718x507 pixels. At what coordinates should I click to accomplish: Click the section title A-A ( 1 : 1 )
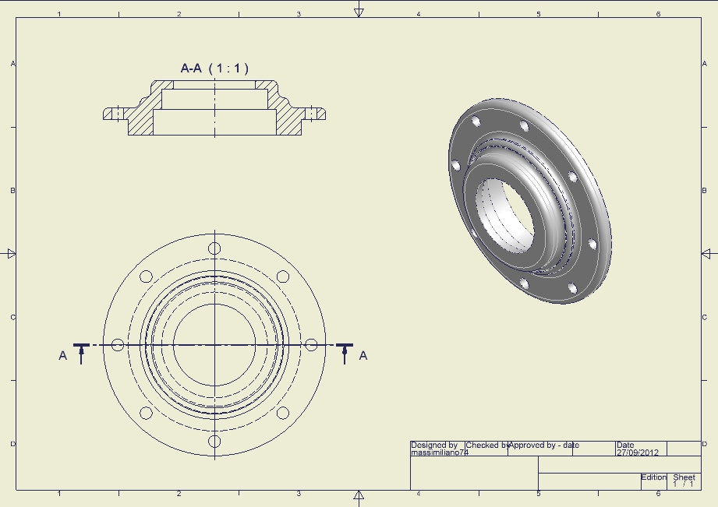pos(214,69)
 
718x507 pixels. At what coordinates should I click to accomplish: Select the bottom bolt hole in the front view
pos(214,442)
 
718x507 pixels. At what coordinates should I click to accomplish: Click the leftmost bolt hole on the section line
pos(118,345)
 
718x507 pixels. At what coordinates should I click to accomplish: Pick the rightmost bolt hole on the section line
pos(311,345)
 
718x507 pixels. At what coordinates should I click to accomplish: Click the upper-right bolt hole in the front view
pos(283,276)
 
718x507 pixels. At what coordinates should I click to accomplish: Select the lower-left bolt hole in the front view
pos(146,414)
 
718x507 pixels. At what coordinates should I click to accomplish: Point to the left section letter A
pos(63,356)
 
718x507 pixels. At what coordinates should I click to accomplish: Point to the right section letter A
pos(363,356)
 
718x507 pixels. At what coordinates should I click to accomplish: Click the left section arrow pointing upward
pos(82,354)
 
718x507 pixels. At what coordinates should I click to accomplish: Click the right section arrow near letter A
pos(345,354)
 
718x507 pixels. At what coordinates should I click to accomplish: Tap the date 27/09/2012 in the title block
pos(638,452)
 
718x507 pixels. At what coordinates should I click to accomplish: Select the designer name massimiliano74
pos(439,452)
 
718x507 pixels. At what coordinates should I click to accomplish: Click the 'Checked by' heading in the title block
pos(486,445)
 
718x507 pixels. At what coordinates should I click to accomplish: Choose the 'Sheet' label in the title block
pos(684,477)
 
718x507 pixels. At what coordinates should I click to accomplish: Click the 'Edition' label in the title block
pos(653,477)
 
